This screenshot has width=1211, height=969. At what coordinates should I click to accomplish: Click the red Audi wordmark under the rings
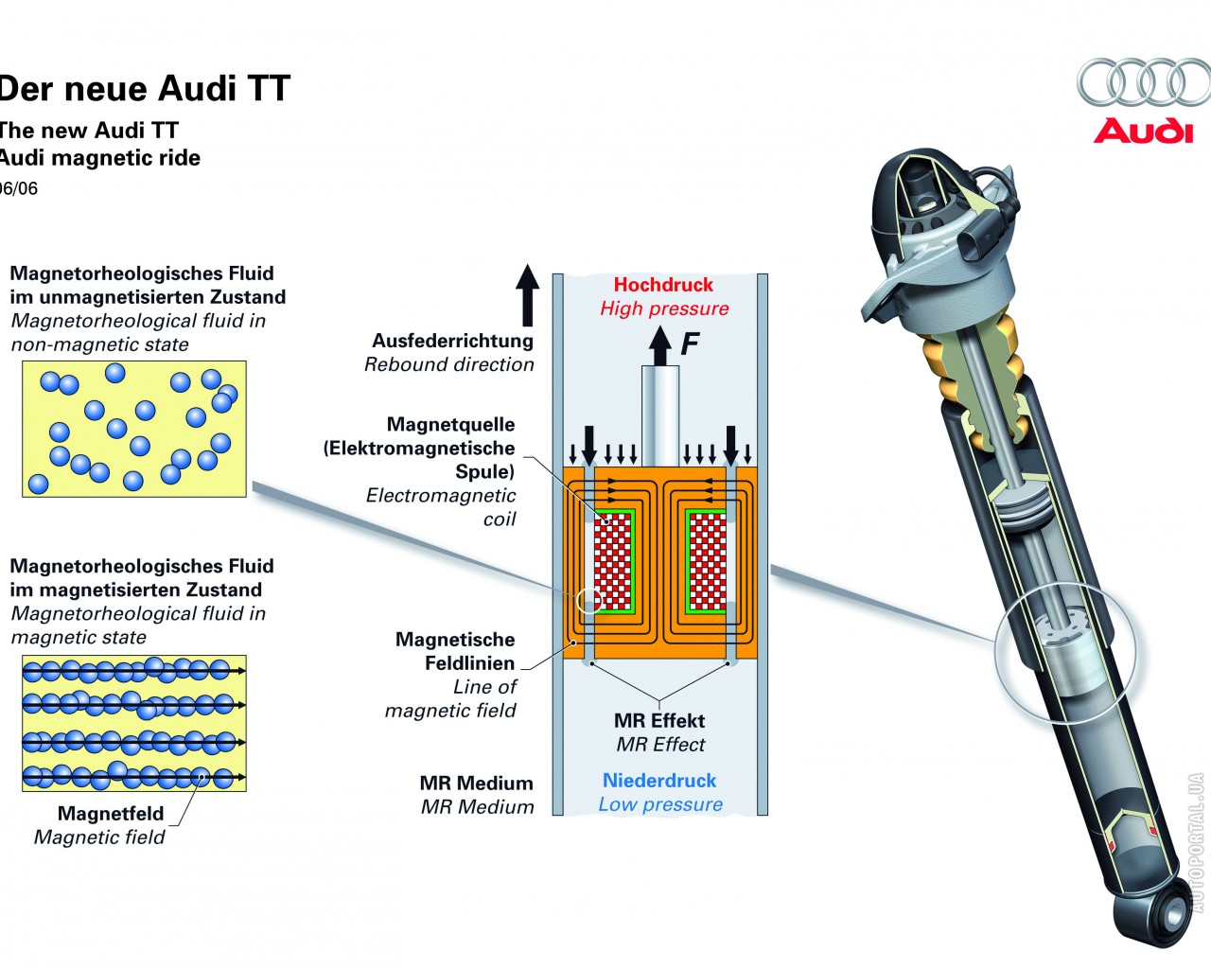coord(1143,131)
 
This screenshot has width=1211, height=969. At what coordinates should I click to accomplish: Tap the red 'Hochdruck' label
coord(663,285)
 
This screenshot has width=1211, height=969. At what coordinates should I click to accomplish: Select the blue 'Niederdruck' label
coord(659,781)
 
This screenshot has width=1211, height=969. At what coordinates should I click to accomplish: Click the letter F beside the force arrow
coord(690,343)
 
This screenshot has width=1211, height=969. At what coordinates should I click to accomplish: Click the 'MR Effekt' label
coord(659,720)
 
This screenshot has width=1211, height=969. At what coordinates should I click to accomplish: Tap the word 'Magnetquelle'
coord(450,425)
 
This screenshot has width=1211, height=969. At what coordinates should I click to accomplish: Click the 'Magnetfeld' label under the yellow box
coord(111,814)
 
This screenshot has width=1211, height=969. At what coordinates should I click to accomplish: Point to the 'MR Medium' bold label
coord(476,784)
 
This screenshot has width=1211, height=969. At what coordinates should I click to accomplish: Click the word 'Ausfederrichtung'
coord(452,341)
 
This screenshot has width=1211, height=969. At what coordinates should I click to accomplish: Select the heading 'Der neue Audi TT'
coord(144,89)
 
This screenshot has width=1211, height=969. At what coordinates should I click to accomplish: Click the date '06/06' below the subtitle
coord(19,188)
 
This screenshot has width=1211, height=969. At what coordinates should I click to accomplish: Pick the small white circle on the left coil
coord(588,601)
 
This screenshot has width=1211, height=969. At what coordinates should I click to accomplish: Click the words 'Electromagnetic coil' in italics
coord(442,507)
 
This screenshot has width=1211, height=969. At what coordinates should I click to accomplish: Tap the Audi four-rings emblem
coord(1143,82)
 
